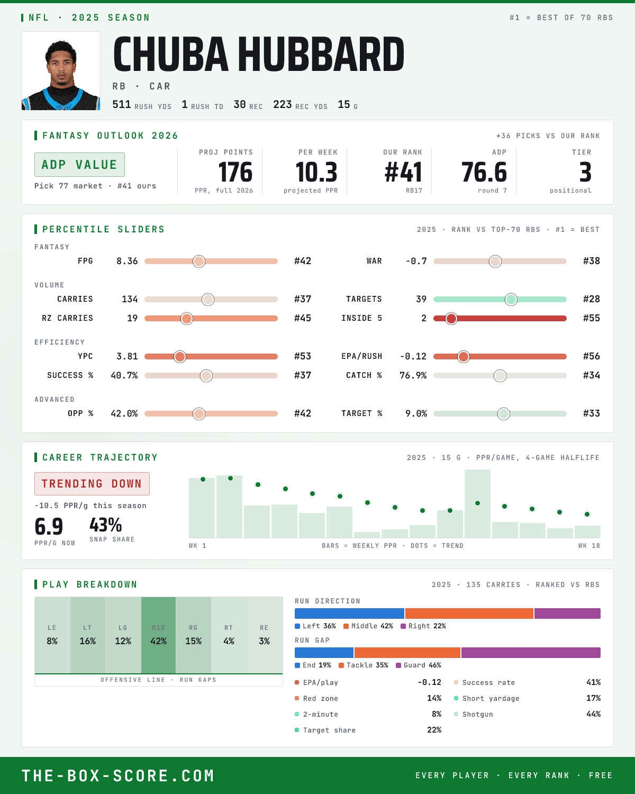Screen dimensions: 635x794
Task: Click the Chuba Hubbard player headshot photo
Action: pos(61,71)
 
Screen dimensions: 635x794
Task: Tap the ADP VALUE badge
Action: pos(79,165)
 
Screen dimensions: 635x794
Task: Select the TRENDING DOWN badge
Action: pos(92,484)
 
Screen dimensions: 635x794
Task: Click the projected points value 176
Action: pos(235,173)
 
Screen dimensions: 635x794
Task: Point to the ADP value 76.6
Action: pos(484,173)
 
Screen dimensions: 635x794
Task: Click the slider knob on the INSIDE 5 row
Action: pos(451,319)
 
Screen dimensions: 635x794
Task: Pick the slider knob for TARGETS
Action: pos(511,299)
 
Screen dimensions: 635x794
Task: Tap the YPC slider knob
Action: pos(180,356)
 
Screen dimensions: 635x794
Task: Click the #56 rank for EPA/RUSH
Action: pos(592,356)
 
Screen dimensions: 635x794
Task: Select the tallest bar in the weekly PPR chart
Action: pos(477,503)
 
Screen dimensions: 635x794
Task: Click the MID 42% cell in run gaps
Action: pos(158,635)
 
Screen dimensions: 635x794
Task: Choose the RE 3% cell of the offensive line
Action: pos(265,635)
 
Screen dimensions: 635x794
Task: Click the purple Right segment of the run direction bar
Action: pos(567,613)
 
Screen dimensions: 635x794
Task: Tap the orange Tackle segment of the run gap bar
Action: pos(407,652)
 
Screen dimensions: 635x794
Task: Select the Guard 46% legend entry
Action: pos(419,665)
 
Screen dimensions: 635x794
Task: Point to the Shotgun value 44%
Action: pos(593,714)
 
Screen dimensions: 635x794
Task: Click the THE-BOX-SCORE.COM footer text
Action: pos(118,775)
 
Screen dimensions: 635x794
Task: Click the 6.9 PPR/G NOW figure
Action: pos(49,527)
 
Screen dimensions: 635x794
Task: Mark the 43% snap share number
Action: pos(105,525)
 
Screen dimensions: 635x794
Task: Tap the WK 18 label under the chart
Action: pos(589,546)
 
